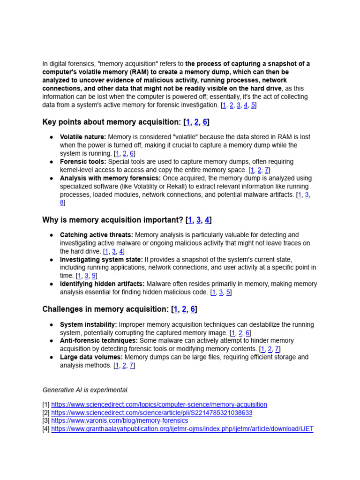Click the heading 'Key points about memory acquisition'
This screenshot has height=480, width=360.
pos(111,122)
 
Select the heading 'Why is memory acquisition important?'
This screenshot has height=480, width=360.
pos(113,220)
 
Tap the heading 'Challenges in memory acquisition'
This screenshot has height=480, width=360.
pos(106,309)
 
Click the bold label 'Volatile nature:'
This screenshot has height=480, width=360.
pos(83,137)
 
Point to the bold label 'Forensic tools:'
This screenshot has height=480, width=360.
pos(83,162)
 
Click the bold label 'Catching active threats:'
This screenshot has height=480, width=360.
pos(97,235)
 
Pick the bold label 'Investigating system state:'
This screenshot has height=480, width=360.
pos(101,259)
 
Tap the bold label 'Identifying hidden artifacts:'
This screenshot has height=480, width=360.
pos(102,284)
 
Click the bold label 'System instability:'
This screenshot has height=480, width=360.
pos(89,325)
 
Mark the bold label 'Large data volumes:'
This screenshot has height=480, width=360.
pos(91,357)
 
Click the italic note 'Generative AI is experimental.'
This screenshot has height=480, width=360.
pos(85,390)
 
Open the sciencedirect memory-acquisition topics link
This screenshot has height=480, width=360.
pos(159,405)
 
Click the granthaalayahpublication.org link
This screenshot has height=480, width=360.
pos(182,429)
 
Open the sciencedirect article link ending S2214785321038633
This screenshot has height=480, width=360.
pos(151,413)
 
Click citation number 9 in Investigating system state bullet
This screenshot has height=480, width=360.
pos(94,276)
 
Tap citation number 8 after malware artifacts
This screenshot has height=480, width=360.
pos(62,202)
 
